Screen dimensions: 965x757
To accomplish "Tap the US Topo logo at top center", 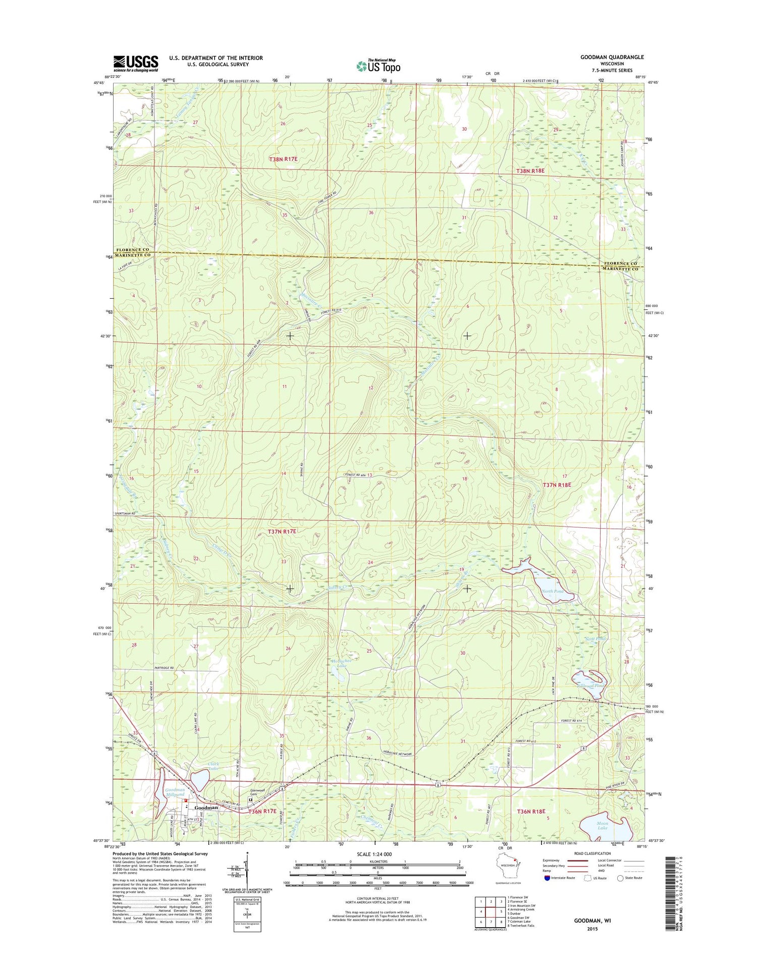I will coord(379,66).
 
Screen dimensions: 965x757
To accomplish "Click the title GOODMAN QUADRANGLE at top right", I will coord(612,58).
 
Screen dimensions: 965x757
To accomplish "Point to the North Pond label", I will coord(552,591).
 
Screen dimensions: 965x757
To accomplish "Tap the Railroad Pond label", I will coord(590,686).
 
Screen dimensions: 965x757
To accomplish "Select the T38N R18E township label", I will coord(530,171).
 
